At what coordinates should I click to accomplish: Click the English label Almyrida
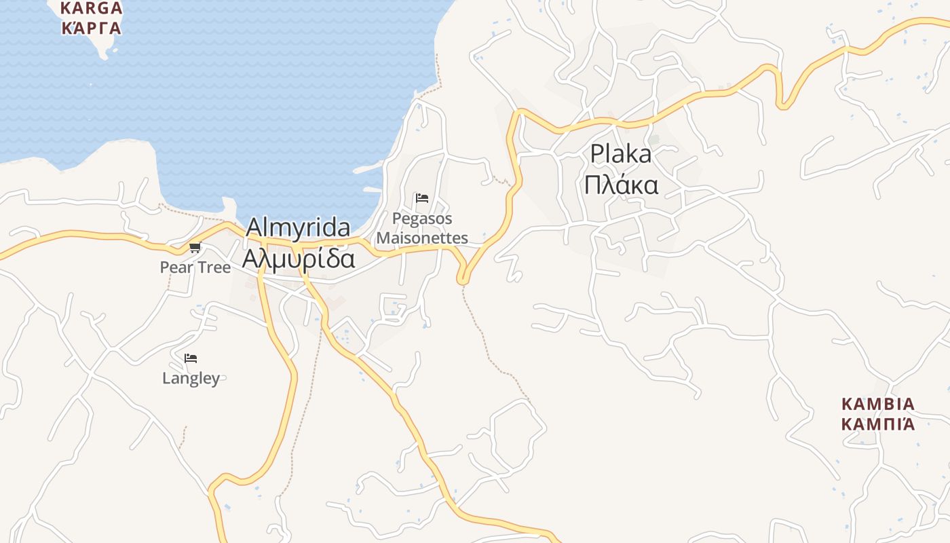(298, 228)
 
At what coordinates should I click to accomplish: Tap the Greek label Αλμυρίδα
(299, 259)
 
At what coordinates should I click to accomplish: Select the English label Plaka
(620, 154)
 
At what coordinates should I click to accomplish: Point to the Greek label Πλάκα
(621, 185)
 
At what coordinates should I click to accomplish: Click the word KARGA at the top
(92, 9)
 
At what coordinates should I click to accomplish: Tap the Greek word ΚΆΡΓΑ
(92, 28)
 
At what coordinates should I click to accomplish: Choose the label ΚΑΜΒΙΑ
(878, 405)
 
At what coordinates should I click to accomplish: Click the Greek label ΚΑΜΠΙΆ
(878, 425)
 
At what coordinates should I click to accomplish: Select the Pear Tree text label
(195, 267)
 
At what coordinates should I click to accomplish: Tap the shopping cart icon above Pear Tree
(195, 248)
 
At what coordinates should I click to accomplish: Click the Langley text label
(191, 378)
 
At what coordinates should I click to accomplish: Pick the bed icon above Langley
(191, 358)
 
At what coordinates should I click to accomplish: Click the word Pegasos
(422, 219)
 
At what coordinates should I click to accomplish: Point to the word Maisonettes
(422, 238)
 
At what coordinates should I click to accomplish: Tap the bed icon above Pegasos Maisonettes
(422, 198)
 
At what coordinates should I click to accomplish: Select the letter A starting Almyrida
(254, 228)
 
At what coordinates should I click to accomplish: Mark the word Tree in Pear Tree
(213, 267)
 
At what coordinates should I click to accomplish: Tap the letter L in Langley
(166, 378)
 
